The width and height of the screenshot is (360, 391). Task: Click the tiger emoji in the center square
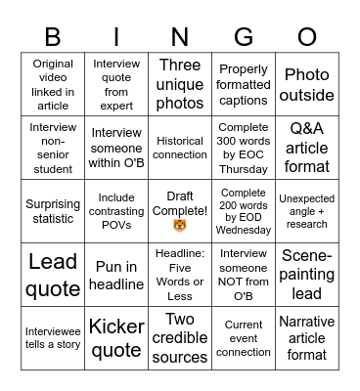pos(180,227)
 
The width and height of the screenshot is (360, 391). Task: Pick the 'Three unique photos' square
pos(180,84)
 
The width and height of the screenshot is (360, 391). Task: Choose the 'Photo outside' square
pos(307,85)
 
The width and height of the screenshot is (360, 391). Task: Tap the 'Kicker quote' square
pos(116,337)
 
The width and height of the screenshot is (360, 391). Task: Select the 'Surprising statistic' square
pos(53,211)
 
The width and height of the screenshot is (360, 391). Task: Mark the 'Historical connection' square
pos(180,148)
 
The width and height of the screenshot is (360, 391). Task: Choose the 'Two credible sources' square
pos(180,337)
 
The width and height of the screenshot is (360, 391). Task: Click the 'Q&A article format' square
pos(307,148)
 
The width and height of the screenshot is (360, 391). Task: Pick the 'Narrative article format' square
pos(307,337)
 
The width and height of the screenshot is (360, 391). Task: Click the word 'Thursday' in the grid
pos(244,168)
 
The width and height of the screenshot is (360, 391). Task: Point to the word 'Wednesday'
pos(244,232)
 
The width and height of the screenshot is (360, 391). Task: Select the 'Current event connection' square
pos(244,337)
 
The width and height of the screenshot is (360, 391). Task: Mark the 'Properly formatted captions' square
pos(244,85)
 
